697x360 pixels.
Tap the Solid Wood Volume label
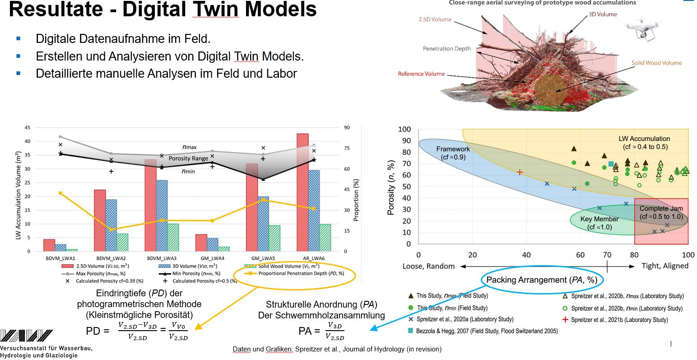(656, 63)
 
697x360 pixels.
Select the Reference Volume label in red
(421, 74)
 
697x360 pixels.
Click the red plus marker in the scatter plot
(520, 172)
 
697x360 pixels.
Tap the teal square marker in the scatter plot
(611, 164)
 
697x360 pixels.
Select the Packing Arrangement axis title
(542, 280)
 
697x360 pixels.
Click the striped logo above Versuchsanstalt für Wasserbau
(27, 336)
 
